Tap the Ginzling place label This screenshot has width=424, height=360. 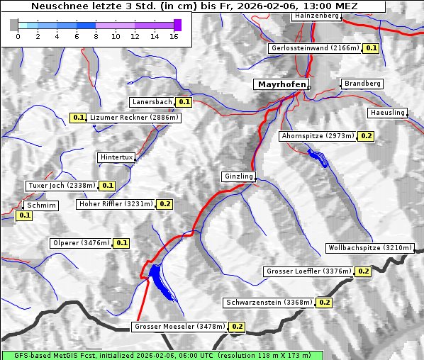click(238, 176)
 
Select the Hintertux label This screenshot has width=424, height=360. click(116, 157)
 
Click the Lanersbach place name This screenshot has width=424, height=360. click(152, 102)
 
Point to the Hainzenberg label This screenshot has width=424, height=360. click(316, 16)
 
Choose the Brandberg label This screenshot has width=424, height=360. click(362, 84)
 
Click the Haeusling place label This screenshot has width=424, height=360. click(387, 113)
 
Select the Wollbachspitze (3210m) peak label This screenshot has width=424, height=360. click(369, 248)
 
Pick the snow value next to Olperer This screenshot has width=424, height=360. click(122, 243)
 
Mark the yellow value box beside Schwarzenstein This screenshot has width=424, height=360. click(324, 303)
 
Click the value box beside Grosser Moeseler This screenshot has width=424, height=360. click(237, 327)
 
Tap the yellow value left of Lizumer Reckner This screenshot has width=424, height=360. click(78, 118)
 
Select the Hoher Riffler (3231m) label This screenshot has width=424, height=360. click(115, 204)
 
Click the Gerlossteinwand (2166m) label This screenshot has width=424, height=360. click(314, 48)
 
